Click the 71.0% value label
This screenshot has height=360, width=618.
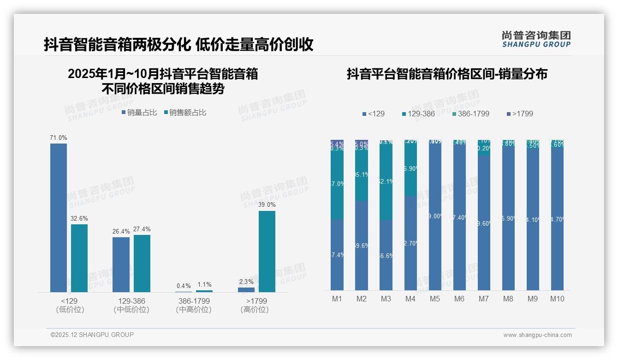coord(59,138)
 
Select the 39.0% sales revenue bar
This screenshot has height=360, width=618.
coord(267,251)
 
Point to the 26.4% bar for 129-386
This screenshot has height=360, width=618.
coord(121,264)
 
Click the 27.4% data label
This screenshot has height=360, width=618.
coord(142,229)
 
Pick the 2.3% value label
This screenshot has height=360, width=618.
coord(246,282)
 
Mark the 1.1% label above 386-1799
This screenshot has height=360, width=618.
coord(204,285)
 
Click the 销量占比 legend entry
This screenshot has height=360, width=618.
coord(139,112)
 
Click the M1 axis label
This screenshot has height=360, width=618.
coord(337,299)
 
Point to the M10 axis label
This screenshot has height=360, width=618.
coord(557,299)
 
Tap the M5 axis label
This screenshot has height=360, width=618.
coord(435,299)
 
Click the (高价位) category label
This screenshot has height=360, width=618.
coord(254,310)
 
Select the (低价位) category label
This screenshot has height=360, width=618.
coord(69,310)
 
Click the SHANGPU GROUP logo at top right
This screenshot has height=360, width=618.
coord(536,39)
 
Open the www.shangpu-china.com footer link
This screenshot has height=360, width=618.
coord(537,335)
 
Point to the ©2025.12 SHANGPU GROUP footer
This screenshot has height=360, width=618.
coord(92,335)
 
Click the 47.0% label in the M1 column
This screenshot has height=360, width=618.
coord(337,184)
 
